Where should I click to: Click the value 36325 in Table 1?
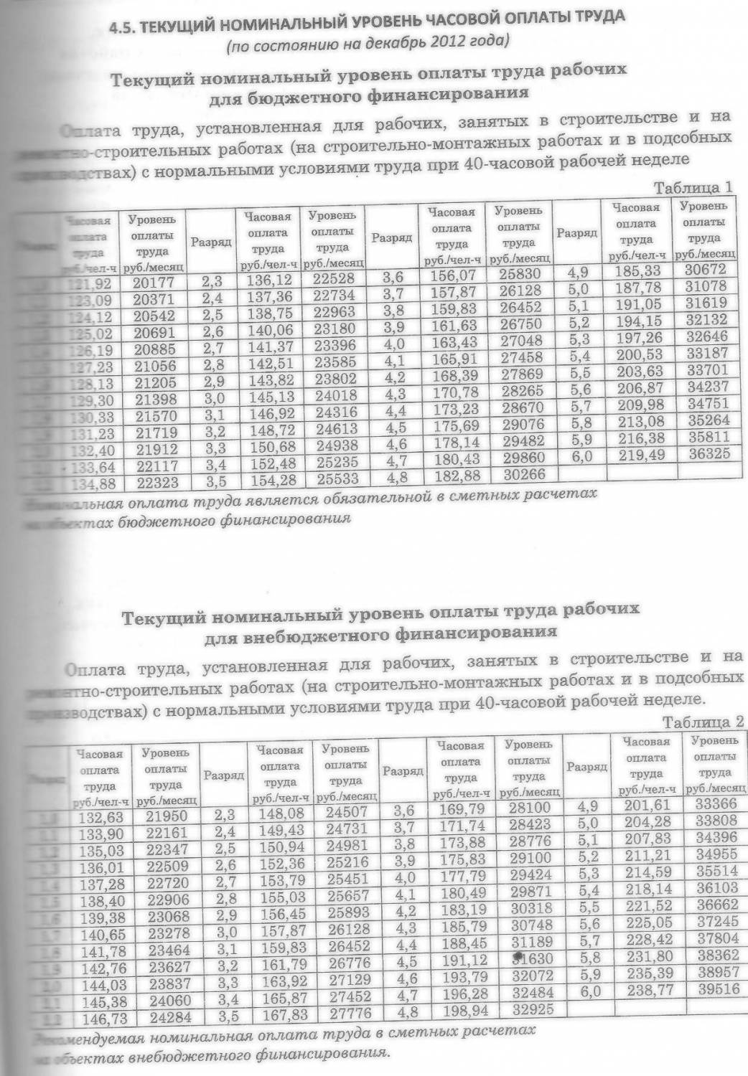707,454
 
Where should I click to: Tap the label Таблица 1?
693,188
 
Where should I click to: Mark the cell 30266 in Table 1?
524,475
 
